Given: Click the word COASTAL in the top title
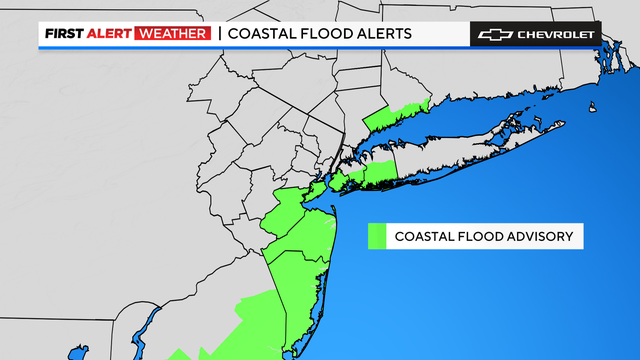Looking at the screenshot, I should [265, 34].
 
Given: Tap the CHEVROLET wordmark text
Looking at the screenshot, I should [556, 34].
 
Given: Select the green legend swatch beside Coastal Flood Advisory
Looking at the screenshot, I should [377, 236].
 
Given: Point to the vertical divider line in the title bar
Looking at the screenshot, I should [218, 34].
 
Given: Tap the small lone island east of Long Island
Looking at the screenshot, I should [593, 109].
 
